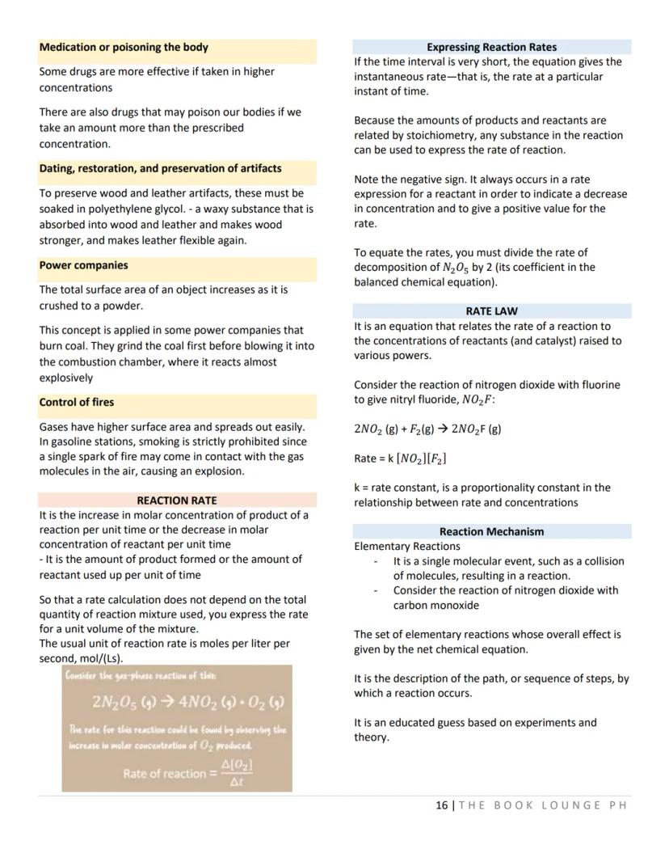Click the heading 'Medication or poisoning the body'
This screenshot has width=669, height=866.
124,47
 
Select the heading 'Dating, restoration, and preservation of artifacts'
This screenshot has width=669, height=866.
161,168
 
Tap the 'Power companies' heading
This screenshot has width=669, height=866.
83,265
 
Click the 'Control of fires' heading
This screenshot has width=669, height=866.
77,402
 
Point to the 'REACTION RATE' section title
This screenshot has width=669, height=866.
177,501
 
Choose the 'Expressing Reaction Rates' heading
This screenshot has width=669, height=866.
491,47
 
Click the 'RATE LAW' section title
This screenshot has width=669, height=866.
491,310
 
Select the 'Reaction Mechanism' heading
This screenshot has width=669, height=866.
491,531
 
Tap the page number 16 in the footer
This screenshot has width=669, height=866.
441,805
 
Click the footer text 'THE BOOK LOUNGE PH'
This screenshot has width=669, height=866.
542,805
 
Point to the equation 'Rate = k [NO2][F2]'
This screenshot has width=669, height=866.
401,458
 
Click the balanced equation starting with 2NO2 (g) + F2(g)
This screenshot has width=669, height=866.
427,429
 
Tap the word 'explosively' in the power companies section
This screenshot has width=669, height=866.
66,378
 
